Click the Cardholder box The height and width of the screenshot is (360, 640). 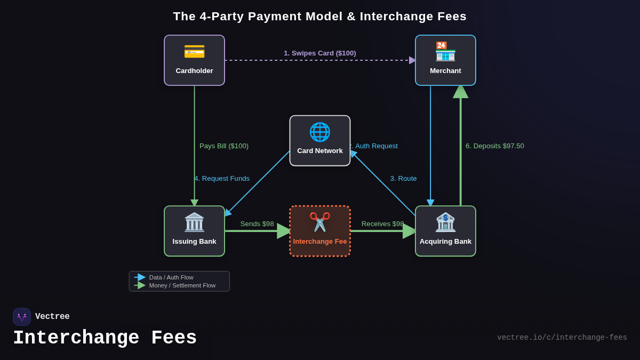(194, 60)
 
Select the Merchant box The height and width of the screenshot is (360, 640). (445, 60)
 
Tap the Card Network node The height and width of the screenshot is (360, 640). (320, 141)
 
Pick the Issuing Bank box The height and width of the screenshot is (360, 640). (194, 231)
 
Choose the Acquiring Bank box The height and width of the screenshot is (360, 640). (445, 231)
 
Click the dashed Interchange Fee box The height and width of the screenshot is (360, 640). (320, 231)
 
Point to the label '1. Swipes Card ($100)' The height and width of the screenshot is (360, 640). (319, 53)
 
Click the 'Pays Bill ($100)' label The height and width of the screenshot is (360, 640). (224, 146)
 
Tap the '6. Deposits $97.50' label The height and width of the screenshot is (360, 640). (494, 146)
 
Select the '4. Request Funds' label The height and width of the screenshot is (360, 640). (222, 179)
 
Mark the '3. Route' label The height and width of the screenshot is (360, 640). (403, 179)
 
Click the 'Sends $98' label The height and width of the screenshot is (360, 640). (257, 224)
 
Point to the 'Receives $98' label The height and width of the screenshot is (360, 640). (382, 224)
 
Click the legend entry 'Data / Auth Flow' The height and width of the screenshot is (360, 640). (171, 277)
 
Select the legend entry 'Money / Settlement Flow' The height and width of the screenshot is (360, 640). (182, 285)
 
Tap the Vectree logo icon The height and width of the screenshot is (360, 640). (22, 317)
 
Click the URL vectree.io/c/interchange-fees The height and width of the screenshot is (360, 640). (562, 338)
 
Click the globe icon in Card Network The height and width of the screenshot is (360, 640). (320, 132)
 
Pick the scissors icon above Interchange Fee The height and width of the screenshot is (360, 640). (320, 222)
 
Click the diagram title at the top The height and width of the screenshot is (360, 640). (319, 17)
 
